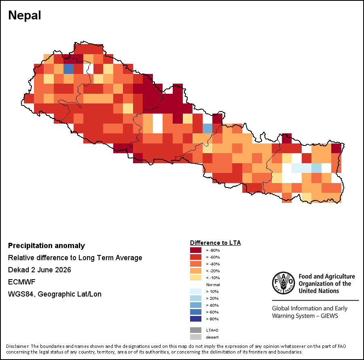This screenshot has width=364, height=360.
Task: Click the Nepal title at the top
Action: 25,15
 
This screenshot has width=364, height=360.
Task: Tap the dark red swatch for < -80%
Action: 196,250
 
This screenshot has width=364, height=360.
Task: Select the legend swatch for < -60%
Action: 196,257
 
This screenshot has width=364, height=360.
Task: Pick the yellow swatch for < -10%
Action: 196,278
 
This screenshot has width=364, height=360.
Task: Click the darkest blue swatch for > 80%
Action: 196,319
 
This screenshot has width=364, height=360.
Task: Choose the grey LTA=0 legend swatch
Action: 196,330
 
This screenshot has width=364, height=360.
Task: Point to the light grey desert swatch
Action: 196,337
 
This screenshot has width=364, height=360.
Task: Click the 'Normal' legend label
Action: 213,284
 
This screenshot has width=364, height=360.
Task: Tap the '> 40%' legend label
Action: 212,305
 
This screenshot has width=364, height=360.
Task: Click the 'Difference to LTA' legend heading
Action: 215,243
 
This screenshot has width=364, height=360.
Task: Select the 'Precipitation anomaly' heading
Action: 47,246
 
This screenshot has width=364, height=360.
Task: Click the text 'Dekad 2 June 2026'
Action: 40,270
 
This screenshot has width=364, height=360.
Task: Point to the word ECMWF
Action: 21,282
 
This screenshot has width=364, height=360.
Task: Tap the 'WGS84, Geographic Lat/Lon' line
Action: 55,294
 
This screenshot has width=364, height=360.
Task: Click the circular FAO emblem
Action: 284,283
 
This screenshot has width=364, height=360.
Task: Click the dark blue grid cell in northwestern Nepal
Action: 68,69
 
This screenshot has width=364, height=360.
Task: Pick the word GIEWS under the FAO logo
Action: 329,316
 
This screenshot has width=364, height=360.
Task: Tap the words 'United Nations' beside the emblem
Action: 319,291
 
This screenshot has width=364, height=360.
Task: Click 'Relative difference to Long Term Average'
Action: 75,258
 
